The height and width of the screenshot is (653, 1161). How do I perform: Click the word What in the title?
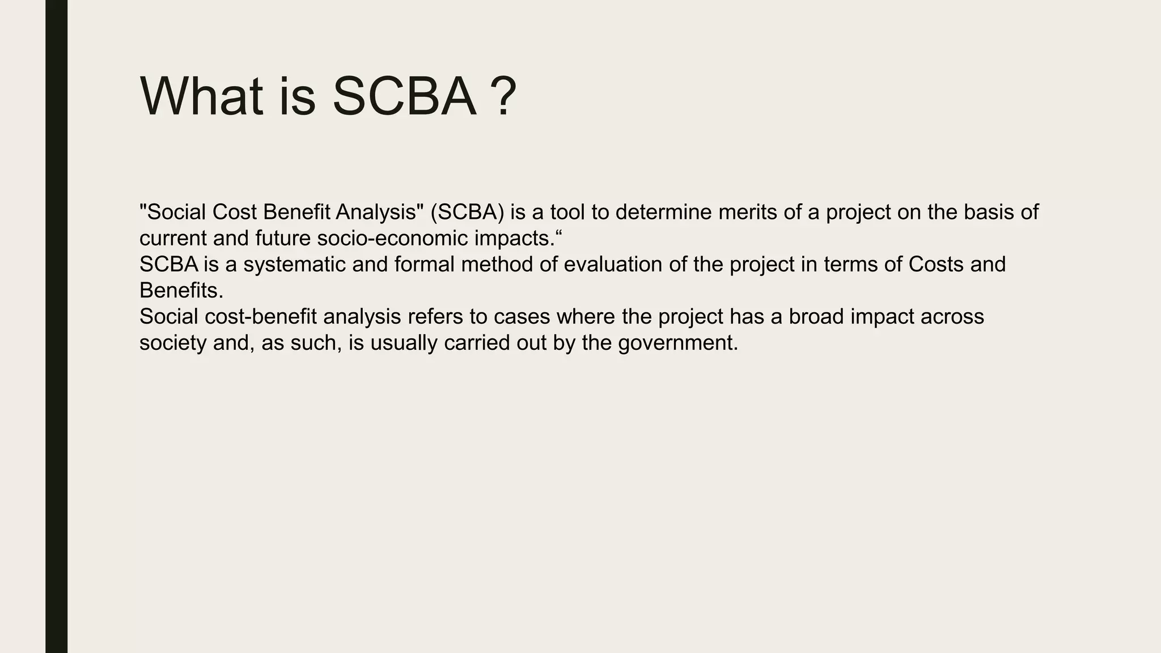tap(202, 97)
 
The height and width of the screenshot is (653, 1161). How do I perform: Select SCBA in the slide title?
tap(404, 97)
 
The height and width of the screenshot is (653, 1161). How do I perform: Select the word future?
tap(283, 238)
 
